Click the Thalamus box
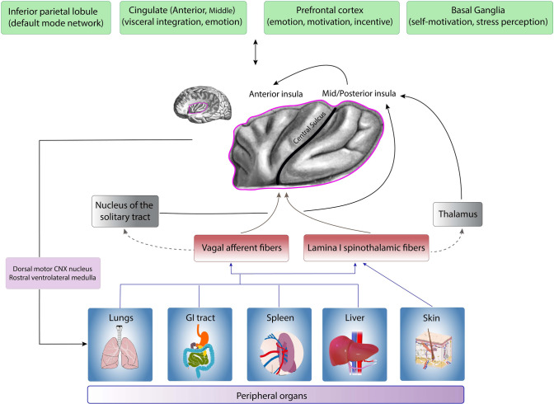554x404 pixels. [458, 214]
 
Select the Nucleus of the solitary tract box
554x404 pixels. [125, 211]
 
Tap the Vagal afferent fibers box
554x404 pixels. [242, 248]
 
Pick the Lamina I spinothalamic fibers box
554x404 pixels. [366, 248]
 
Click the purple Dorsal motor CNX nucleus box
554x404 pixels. [53, 273]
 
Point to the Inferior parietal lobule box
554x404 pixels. [56, 17]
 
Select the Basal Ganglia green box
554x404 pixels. [480, 17]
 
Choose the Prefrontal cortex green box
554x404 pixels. [331, 17]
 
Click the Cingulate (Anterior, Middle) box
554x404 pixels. [183, 17]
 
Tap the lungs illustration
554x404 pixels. [120, 347]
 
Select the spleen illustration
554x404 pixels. [282, 353]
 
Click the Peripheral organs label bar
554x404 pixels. [275, 395]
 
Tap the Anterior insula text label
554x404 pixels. [275, 94]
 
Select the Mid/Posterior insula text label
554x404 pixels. [359, 94]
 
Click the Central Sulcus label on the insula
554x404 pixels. [309, 128]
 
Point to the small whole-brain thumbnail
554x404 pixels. [203, 105]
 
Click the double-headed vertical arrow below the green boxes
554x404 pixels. [256, 52]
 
